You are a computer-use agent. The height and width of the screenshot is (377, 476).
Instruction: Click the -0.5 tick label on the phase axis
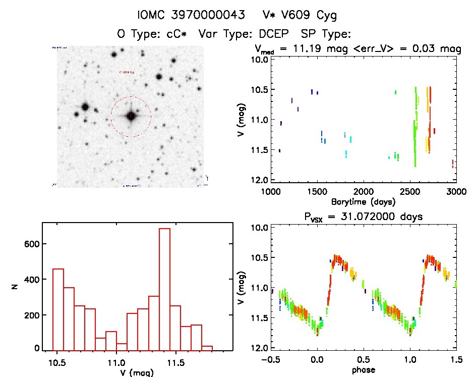[x=270, y=359]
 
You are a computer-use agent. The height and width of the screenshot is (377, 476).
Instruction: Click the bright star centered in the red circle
[x=131, y=116]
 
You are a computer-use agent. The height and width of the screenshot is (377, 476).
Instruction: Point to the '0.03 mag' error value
[x=440, y=49]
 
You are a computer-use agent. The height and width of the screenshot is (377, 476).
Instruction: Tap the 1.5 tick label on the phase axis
[x=456, y=359]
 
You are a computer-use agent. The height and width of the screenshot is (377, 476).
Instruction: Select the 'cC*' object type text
[x=174, y=34]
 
